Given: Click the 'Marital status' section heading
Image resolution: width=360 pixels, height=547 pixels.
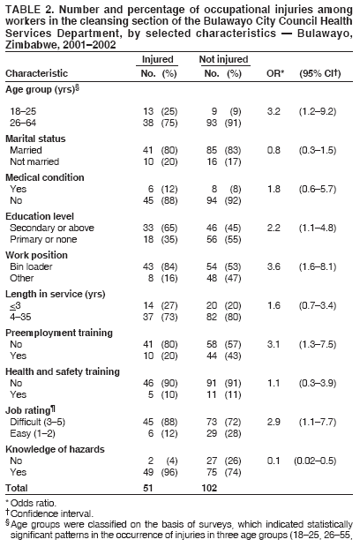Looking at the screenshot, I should (35, 139).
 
